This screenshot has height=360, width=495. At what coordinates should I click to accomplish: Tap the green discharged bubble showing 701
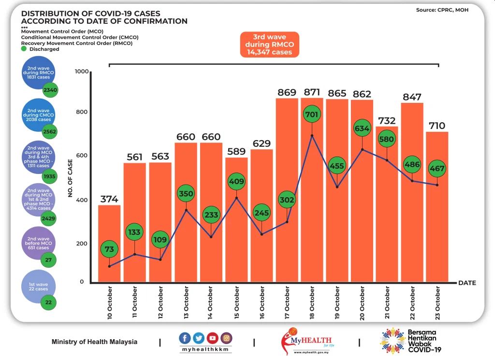(312, 115)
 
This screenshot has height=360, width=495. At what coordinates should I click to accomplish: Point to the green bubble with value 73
(109, 249)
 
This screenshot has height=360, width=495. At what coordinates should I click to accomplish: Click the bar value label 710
(437, 126)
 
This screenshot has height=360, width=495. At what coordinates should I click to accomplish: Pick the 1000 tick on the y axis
(82, 72)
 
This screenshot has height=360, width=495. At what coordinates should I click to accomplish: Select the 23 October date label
(437, 302)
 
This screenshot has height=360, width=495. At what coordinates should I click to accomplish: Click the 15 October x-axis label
(236, 302)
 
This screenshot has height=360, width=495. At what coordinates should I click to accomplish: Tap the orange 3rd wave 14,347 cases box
(269, 44)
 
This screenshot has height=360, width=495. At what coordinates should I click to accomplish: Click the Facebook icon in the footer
(185, 338)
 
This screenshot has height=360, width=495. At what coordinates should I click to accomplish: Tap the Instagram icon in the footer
(226, 338)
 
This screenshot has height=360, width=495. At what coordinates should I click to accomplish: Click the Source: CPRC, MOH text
(442, 10)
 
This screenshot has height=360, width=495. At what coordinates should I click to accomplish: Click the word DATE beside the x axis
(466, 283)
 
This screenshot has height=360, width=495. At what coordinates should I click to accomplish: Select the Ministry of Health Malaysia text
(94, 342)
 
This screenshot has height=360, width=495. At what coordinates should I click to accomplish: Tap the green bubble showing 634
(362, 129)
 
